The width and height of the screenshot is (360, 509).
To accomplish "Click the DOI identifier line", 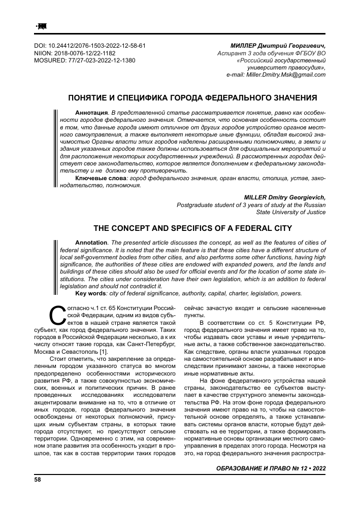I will [89, 45].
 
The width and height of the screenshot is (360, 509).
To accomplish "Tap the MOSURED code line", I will [84, 60].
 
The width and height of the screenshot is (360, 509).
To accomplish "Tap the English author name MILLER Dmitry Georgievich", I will [285, 198].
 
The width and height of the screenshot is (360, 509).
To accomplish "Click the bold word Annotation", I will [91, 242].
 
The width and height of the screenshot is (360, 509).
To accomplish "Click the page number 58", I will [37, 479].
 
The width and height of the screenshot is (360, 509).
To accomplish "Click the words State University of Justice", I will [290, 213].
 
